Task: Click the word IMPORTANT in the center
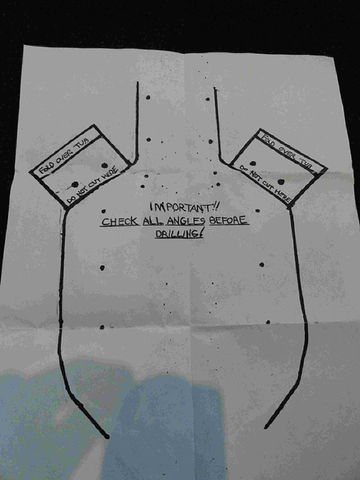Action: pyautogui.click(x=180, y=207)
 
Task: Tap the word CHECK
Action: pyautogui.click(x=119, y=221)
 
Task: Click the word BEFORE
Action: pyautogui.click(x=228, y=220)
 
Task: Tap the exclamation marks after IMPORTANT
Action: pyautogui.click(x=215, y=207)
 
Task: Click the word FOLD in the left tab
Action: pyautogui.click(x=47, y=166)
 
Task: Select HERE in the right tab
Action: pyautogui.click(x=282, y=195)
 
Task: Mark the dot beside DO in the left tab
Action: pyautogui.click(x=75, y=184)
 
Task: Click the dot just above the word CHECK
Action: pyautogui.click(x=104, y=211)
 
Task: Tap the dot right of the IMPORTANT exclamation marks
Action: pyautogui.click(x=257, y=211)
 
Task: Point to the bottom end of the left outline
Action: pyautogui.click(x=106, y=437)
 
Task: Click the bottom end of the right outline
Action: pyautogui.click(x=266, y=427)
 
